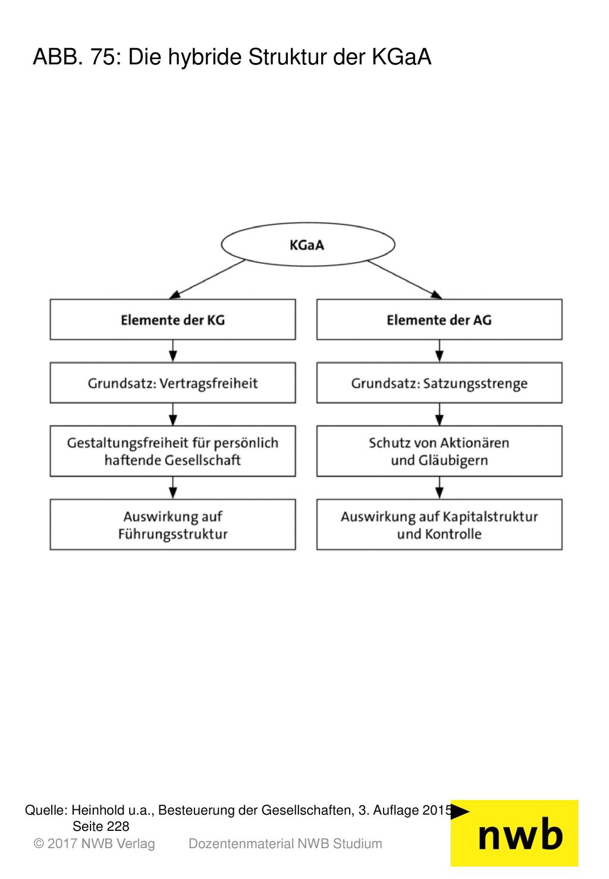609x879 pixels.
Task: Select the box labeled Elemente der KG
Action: pos(172,319)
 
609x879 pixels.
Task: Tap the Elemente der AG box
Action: pos(440,319)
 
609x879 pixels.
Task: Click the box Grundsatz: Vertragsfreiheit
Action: pos(172,383)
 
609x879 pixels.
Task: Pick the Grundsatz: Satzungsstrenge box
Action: pos(440,383)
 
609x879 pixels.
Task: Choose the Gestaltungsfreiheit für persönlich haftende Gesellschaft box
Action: pos(172,451)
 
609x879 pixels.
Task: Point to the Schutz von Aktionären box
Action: pos(440,451)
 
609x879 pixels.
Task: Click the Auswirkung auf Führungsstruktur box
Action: pos(172,524)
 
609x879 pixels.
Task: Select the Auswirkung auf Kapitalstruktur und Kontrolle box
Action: pos(440,524)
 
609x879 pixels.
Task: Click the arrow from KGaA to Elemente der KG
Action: pos(208,279)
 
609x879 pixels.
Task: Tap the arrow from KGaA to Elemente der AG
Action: pos(405,279)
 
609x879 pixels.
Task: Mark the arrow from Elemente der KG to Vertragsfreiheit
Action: pos(172,351)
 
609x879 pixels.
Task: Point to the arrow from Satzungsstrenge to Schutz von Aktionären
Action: pos(440,414)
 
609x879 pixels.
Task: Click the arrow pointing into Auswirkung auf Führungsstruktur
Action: pos(172,488)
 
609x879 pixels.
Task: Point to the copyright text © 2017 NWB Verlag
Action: pos(94,843)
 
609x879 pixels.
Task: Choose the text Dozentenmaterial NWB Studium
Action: pos(285,843)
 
